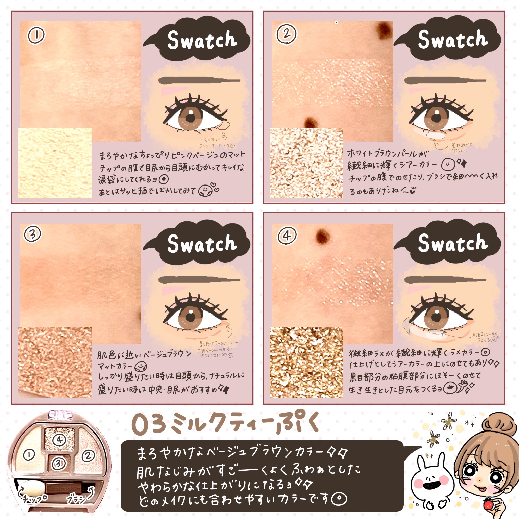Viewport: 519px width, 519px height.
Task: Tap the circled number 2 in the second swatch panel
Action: coord(287,34)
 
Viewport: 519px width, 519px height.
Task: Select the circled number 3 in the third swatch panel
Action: coord(33,234)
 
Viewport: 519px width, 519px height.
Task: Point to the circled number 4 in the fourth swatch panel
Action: coord(287,235)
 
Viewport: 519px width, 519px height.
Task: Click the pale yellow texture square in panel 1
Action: coord(55,163)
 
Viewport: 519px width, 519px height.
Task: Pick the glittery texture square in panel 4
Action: coord(306,362)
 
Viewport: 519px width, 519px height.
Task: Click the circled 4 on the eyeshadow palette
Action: coord(59,440)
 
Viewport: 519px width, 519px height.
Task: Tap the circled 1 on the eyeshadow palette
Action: coord(29,455)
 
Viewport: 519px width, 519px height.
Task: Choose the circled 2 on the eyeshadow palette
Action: coord(88,456)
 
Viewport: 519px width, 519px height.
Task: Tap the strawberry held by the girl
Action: coord(488,505)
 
